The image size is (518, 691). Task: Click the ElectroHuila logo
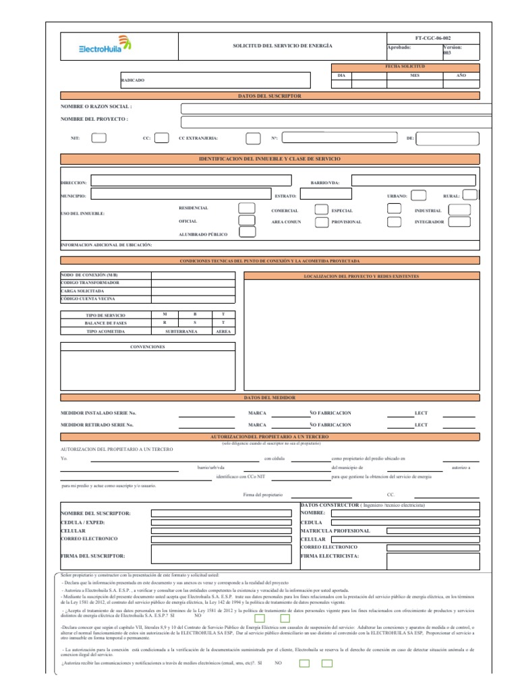click(x=105, y=46)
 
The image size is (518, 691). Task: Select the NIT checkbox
click(x=98, y=138)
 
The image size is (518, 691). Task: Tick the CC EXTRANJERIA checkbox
click(x=252, y=138)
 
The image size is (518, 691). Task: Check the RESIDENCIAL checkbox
click(x=247, y=209)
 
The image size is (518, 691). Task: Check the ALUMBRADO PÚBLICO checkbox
click(x=247, y=233)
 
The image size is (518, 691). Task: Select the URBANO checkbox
click(x=418, y=196)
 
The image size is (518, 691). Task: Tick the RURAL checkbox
click(x=469, y=196)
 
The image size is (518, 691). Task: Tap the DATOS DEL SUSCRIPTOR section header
click(x=270, y=96)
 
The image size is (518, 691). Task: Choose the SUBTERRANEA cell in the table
click(x=181, y=332)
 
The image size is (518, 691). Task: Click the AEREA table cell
click(x=223, y=332)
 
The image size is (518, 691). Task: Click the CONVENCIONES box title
click(x=147, y=347)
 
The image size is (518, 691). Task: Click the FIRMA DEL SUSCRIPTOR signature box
click(x=222, y=554)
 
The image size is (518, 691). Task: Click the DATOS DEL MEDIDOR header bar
click(x=270, y=398)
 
